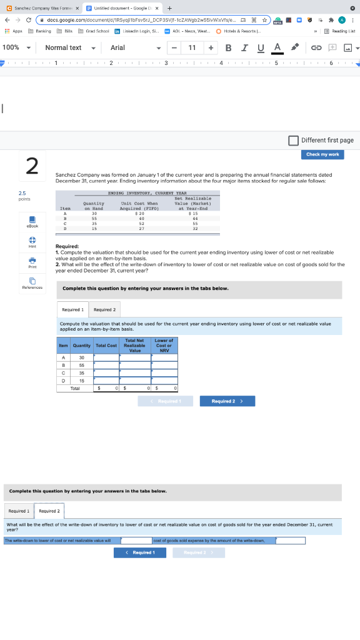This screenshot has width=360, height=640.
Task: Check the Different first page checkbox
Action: pyautogui.click(x=294, y=140)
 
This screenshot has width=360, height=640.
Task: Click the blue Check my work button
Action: pyautogui.click(x=322, y=154)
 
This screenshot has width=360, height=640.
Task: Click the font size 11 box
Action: pyautogui.click(x=192, y=47)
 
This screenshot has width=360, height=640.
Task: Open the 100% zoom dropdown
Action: pyautogui.click(x=17, y=47)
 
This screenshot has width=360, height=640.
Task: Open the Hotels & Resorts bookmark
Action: pyautogui.click(x=241, y=31)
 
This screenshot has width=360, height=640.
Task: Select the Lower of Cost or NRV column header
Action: pyautogui.click(x=164, y=346)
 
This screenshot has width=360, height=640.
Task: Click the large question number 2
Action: pyautogui.click(x=32, y=166)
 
